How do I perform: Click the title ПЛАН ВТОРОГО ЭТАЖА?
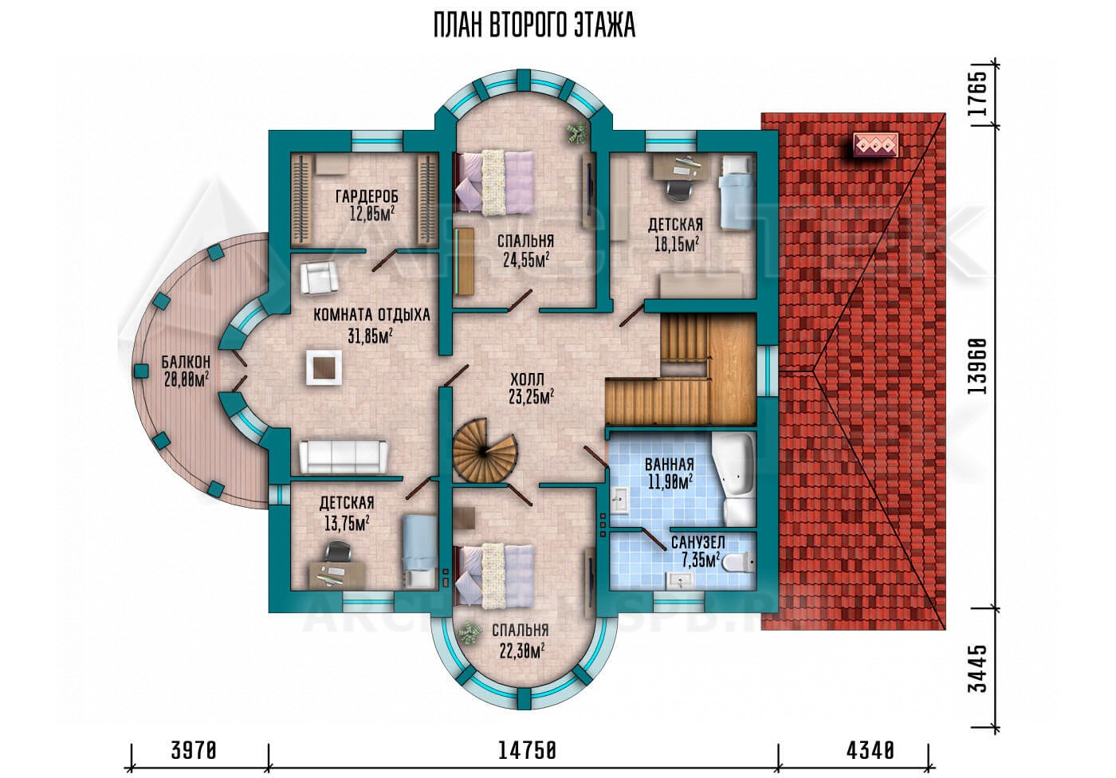coord(534,26)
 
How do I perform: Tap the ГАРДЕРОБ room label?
coord(367,196)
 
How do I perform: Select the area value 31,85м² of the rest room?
coord(370,336)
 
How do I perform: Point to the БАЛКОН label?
coord(186,361)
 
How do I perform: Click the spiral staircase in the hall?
coord(485,450)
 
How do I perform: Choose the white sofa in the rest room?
coord(344,456)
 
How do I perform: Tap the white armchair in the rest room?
coord(319,278)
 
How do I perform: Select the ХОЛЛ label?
coord(527,379)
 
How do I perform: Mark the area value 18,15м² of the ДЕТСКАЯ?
coord(676,245)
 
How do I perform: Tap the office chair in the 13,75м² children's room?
coord(338,553)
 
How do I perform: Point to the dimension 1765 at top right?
coord(977,93)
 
